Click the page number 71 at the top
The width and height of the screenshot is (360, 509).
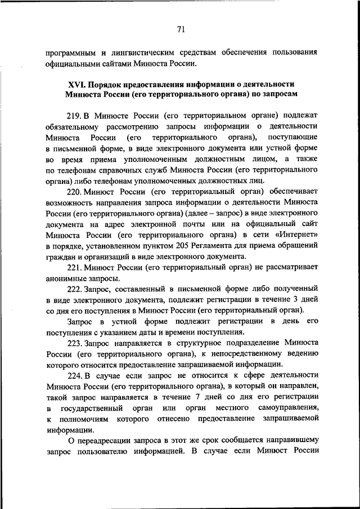[180, 30]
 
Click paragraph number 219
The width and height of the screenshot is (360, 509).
[74, 116]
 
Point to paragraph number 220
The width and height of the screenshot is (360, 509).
[74, 191]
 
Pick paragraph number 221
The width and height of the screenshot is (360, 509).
[74, 267]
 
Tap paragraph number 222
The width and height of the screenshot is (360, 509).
[74, 289]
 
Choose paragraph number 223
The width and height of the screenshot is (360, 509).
[74, 342]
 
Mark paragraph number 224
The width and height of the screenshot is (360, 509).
[74, 375]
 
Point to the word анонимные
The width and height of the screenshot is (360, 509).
[66, 278]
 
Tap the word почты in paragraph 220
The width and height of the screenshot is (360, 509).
[191, 223]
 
